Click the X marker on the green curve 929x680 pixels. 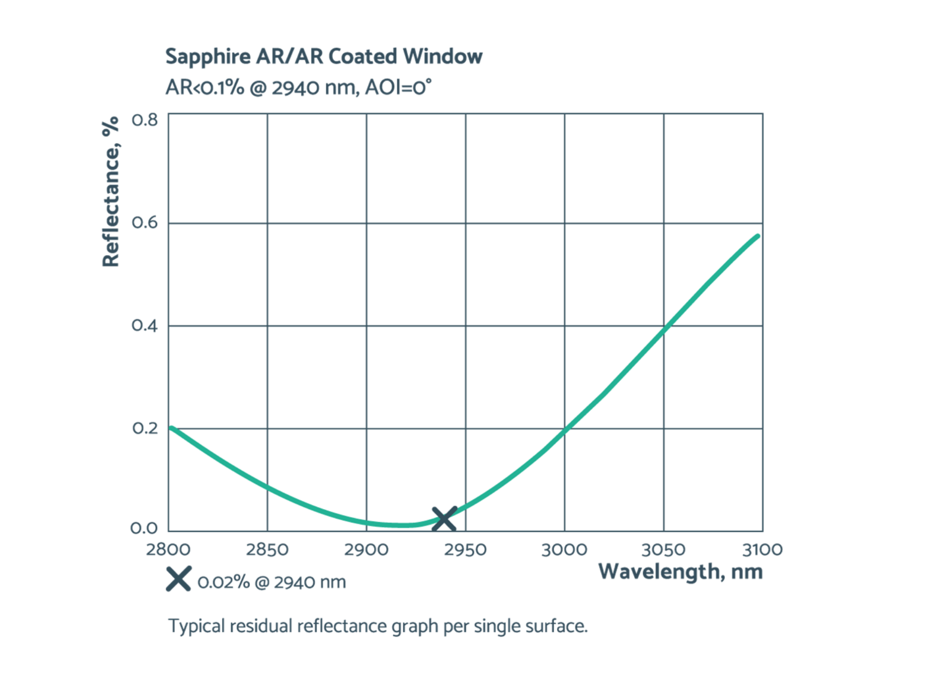click(443, 519)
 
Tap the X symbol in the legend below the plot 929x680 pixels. click(178, 579)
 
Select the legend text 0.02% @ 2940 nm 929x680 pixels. click(271, 582)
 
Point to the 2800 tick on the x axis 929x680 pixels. click(168, 549)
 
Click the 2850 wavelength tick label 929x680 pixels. click(267, 549)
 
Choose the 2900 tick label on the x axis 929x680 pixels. click(366, 549)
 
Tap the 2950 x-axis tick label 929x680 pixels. click(465, 549)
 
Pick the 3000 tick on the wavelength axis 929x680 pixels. click(564, 549)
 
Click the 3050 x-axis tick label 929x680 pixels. click(663, 549)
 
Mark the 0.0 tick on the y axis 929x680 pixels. click(144, 528)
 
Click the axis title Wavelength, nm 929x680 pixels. click(680, 571)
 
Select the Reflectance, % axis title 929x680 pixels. click(110, 191)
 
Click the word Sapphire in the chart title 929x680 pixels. click(207, 56)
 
